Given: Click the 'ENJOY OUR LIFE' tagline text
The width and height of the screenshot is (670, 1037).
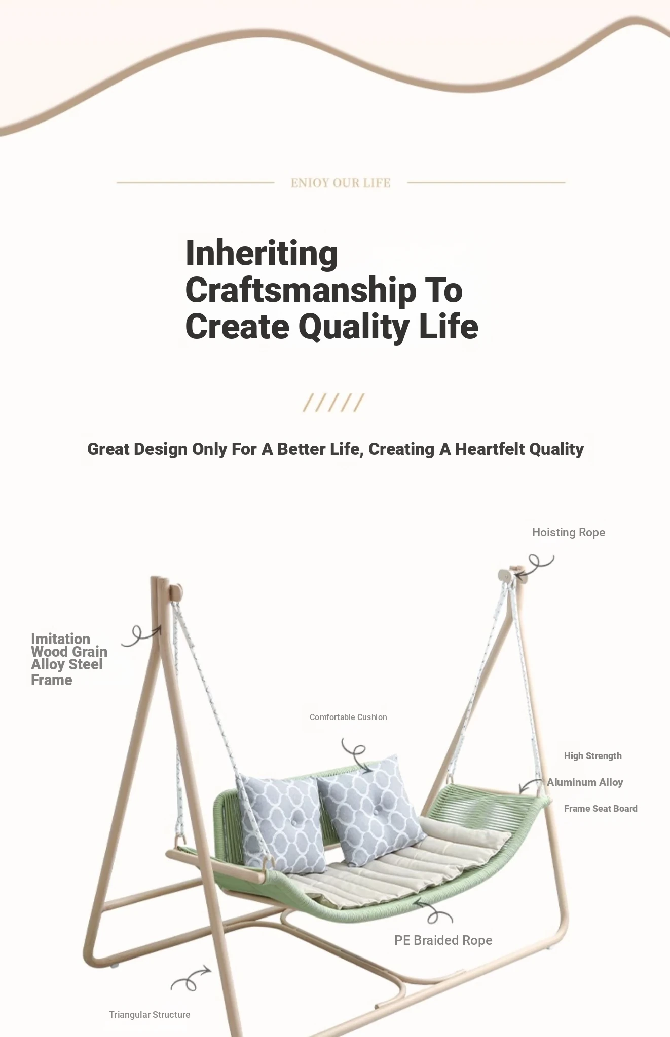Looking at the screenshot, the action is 341,183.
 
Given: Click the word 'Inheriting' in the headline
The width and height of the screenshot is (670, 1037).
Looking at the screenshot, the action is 262,253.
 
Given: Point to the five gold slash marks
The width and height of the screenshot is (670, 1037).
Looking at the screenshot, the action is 333,403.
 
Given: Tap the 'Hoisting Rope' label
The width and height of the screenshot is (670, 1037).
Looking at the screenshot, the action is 569,532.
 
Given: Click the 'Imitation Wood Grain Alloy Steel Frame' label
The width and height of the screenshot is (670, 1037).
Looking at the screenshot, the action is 69,659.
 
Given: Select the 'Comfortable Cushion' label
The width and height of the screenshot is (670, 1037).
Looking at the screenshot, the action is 348,717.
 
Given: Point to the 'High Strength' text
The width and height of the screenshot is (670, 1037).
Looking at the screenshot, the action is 593,756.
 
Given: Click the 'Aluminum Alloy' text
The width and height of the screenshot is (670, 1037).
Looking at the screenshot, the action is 585,782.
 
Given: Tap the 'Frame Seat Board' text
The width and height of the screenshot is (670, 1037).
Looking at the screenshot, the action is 601,809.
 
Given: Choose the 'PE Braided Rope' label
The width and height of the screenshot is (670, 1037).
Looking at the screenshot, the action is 443,940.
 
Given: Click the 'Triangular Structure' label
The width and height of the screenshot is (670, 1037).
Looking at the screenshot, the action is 150,1015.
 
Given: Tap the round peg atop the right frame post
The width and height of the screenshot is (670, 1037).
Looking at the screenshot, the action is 504,575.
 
